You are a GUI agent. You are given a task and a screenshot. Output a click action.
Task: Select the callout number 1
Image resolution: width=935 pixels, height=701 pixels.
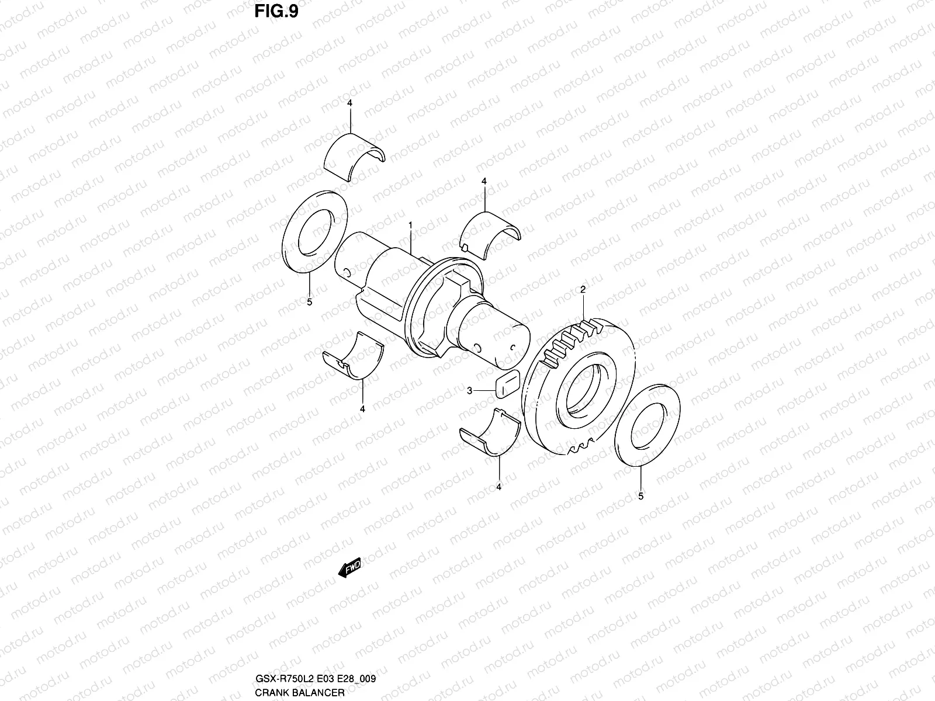411,224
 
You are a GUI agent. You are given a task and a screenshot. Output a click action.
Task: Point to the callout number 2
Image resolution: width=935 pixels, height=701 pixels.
583,290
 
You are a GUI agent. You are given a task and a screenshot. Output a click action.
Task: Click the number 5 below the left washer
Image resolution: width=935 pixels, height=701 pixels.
310,302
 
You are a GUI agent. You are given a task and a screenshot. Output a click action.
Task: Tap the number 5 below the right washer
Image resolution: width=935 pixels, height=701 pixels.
640,496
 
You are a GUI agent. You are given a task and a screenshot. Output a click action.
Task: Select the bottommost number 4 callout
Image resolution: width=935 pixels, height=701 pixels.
499,486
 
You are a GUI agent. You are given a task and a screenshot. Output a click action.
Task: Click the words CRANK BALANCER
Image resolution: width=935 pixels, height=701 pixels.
299,693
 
